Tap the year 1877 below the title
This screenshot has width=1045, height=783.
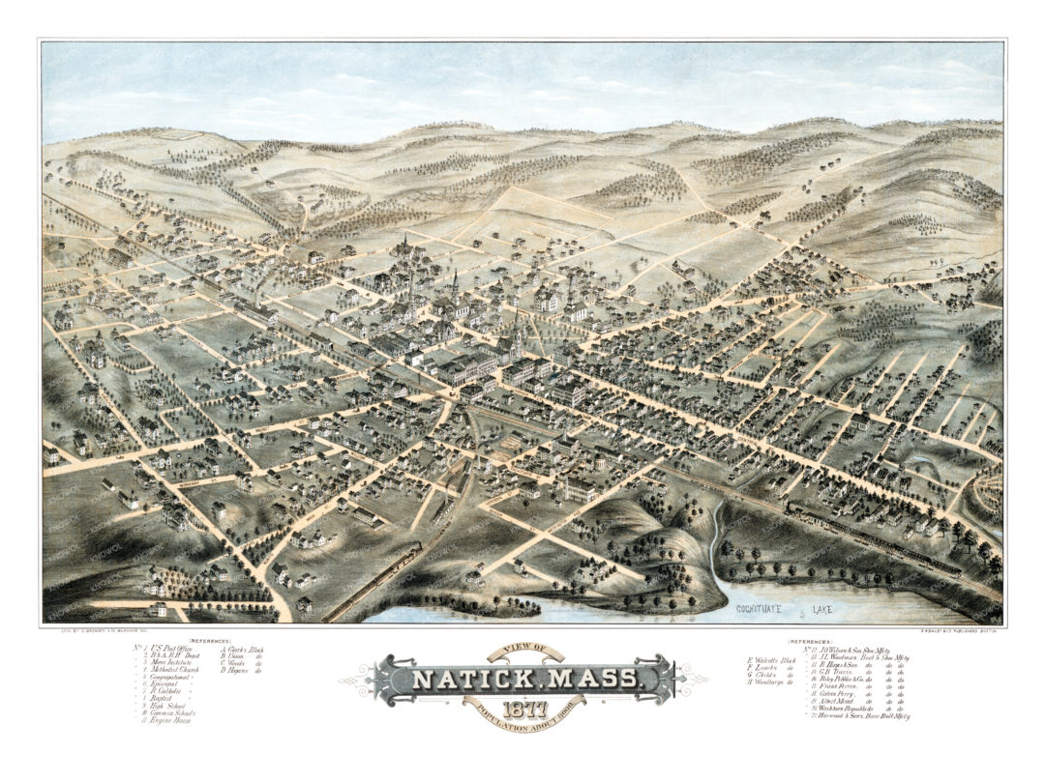[x=522, y=710]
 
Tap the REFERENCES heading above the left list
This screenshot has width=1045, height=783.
[x=210, y=641]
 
